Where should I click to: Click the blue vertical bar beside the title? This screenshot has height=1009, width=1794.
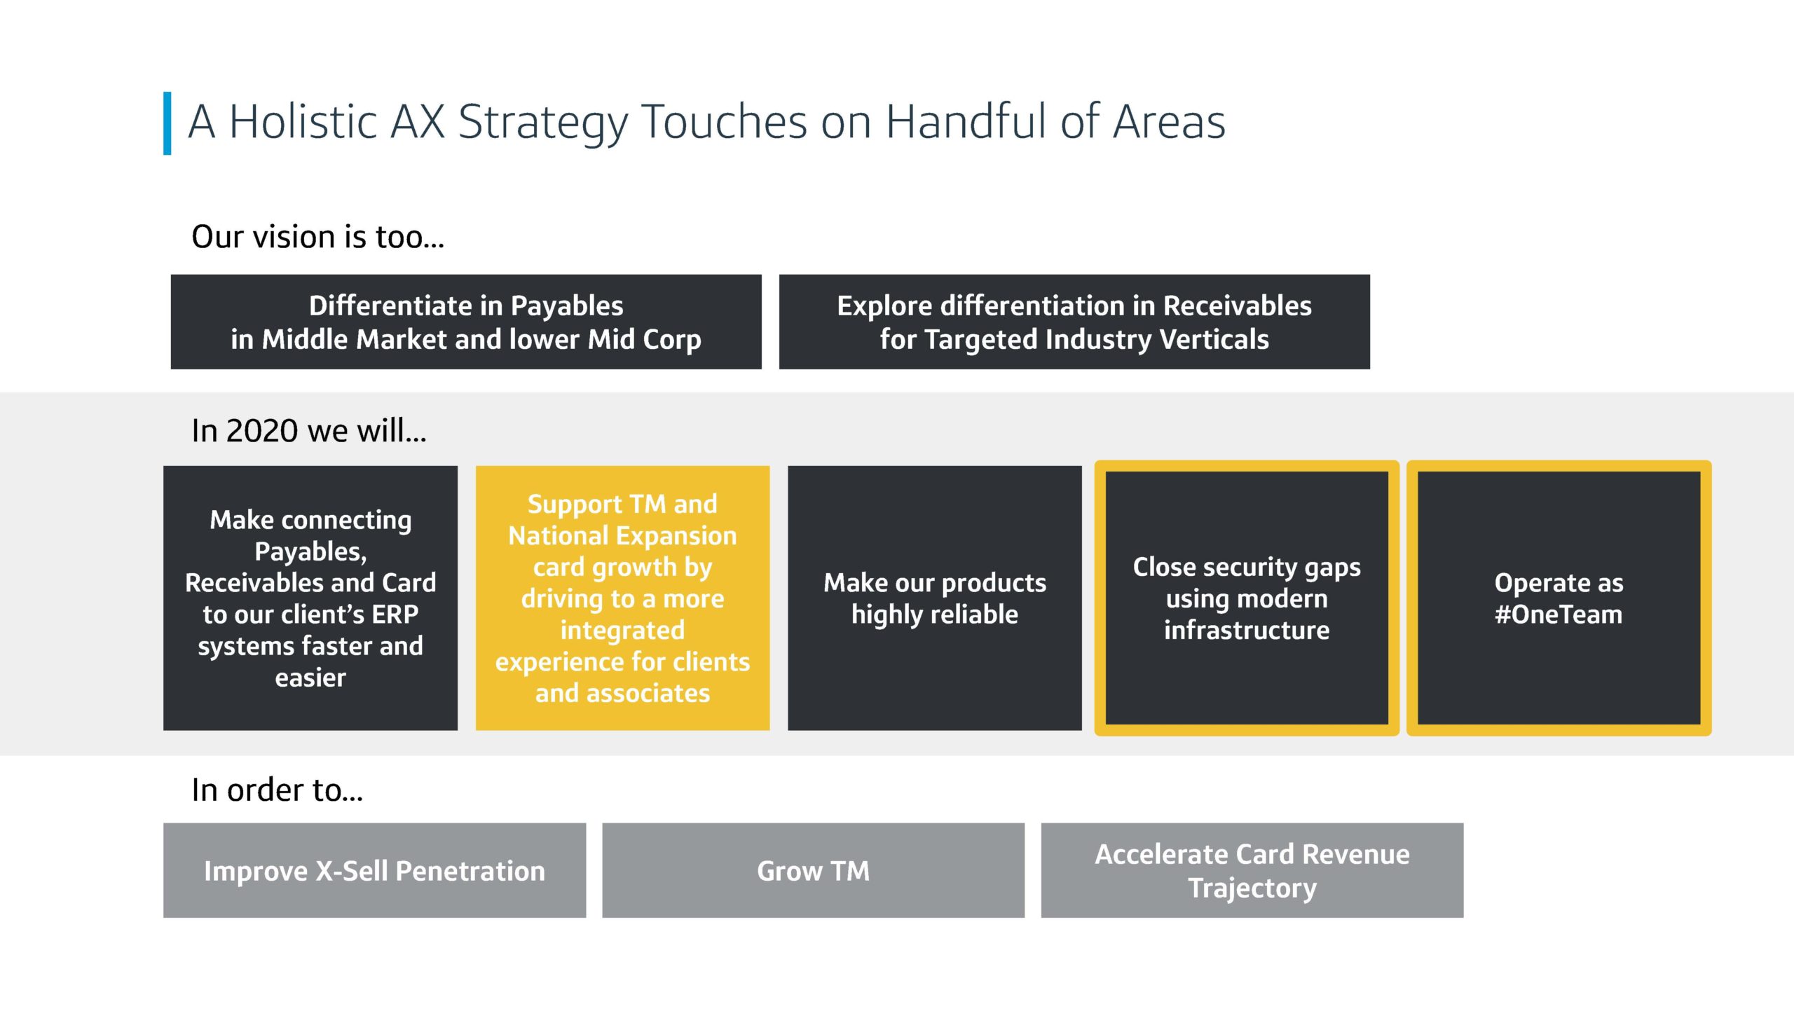click(167, 123)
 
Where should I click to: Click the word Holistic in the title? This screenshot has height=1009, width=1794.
click(304, 122)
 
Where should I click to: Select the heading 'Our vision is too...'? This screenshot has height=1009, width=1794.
click(317, 237)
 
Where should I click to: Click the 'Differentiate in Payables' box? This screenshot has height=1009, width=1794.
click(466, 322)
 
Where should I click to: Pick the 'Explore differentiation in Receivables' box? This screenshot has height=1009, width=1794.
click(1074, 322)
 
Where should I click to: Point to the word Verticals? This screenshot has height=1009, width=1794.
click(1214, 339)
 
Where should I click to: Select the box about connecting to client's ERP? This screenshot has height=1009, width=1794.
click(310, 598)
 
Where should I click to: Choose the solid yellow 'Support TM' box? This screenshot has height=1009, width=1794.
click(622, 598)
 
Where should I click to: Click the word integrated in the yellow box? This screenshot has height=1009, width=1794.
click(622, 631)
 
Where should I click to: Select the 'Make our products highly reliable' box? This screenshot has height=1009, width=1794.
click(935, 598)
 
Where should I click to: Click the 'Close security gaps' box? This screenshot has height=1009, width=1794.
click(1247, 598)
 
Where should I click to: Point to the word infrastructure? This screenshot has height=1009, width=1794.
click(1247, 630)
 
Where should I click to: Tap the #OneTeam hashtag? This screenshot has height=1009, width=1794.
click(1559, 615)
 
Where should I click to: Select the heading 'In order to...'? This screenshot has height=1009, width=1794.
click(278, 790)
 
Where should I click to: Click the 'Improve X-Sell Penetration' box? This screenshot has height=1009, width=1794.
click(374, 870)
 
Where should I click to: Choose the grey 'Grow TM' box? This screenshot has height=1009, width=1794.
click(813, 870)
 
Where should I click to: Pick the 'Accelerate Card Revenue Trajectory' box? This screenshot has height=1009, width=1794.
click(1252, 870)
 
